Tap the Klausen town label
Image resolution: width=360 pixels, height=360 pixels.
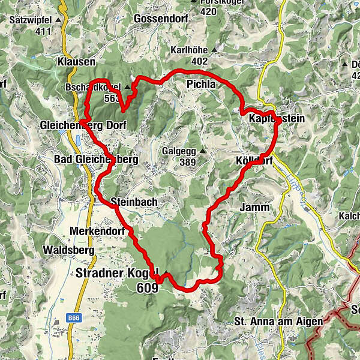pyautogui.click(x=77, y=62)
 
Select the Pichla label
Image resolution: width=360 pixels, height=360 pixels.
pyautogui.click(x=200, y=84)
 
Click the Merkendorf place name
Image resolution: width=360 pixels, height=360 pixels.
pyautogui.click(x=97, y=231)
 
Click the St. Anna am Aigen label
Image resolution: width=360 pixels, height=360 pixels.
pyautogui.click(x=278, y=322)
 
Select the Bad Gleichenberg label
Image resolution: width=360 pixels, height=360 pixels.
pyautogui.click(x=96, y=160)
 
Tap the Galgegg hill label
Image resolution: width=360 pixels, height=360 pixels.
pyautogui.click(x=179, y=151)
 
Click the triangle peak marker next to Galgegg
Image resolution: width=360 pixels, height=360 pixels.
pyautogui.click(x=203, y=151)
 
